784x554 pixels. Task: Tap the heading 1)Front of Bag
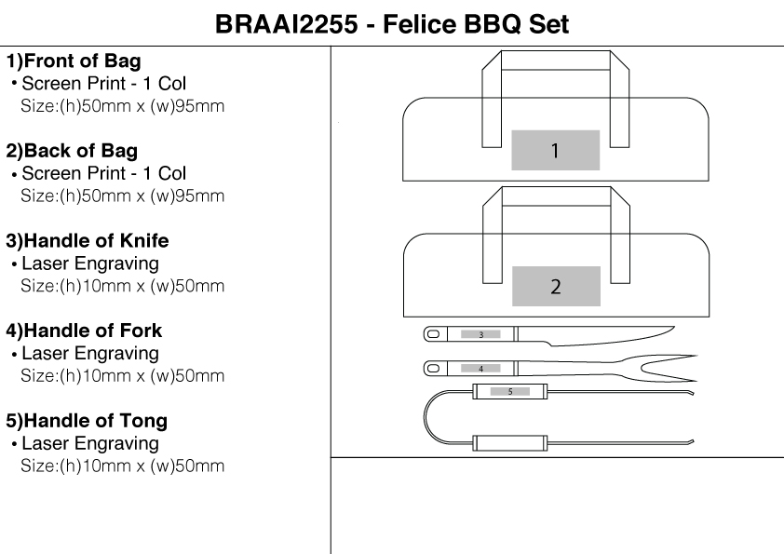(x=74, y=62)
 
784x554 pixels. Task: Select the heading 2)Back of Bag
(x=72, y=152)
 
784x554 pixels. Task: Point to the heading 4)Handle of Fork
(x=84, y=331)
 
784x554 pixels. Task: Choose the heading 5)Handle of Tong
(x=87, y=421)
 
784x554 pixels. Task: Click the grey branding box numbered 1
(x=555, y=150)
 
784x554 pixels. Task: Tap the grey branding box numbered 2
(x=555, y=286)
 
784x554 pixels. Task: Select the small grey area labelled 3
(x=480, y=333)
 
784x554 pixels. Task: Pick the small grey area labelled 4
(x=480, y=369)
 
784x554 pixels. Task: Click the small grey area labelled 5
(x=509, y=392)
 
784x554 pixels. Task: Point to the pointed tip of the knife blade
(x=673, y=326)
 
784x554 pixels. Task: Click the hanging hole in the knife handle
(x=433, y=333)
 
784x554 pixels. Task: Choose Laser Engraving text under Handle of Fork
(x=89, y=354)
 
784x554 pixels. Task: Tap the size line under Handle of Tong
(x=121, y=466)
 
